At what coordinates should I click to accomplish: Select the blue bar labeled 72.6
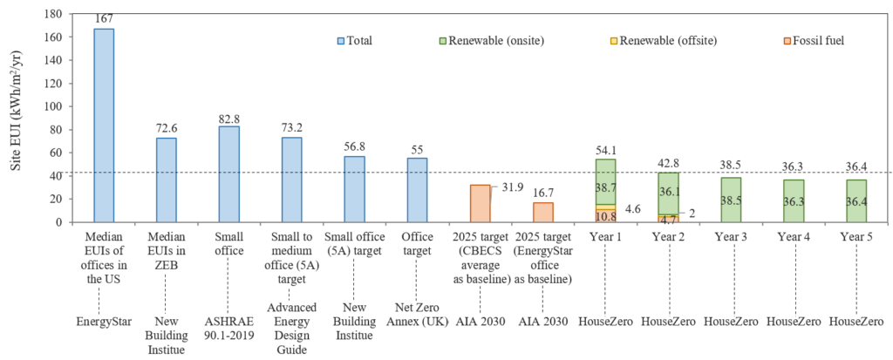coord(167,180)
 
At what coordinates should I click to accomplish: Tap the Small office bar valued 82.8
coord(229,173)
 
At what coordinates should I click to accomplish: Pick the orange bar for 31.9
coord(480,203)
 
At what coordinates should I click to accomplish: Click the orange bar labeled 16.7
coord(542,212)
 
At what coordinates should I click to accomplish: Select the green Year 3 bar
coord(731,200)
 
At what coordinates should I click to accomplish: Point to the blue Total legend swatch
coord(341,40)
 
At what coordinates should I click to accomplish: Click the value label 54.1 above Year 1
coord(605,150)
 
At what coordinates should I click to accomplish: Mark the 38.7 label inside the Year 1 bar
coord(605,187)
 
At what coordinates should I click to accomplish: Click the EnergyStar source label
coord(104,322)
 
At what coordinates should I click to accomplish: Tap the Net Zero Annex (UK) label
coord(417,328)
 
